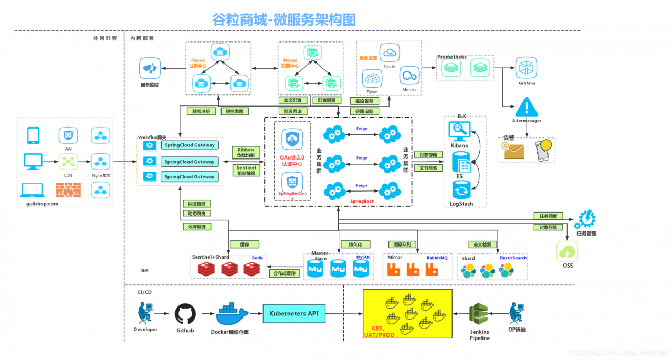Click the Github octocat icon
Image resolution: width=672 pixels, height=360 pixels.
(x=185, y=314)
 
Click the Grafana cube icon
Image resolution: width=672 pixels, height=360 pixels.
(x=527, y=68)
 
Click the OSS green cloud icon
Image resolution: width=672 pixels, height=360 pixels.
(x=568, y=252)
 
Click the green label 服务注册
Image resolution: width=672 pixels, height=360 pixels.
(x=201, y=111)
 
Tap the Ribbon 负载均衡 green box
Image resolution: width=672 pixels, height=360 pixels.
(x=246, y=153)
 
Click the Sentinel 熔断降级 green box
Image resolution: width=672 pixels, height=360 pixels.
(x=246, y=170)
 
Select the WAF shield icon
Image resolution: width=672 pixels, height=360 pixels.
(x=68, y=135)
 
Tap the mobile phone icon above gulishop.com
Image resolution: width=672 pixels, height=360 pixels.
(x=33, y=135)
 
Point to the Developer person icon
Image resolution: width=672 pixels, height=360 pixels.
(x=144, y=314)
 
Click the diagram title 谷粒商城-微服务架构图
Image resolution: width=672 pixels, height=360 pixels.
(x=284, y=19)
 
